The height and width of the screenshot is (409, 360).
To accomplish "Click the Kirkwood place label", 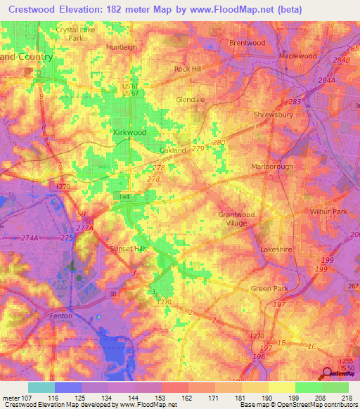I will (129, 132).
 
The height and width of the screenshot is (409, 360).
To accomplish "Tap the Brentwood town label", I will (247, 43).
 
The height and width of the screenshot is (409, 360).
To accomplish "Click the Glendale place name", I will (190, 100).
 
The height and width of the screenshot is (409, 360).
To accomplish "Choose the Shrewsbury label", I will (272, 113).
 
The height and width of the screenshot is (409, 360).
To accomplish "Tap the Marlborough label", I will (272, 167).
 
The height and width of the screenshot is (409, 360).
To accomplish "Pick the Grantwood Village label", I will (233, 219).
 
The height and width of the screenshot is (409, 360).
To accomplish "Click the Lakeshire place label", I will (276, 249).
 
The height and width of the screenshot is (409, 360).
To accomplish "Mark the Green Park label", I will (270, 288).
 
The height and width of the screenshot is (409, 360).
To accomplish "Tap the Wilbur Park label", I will (329, 212).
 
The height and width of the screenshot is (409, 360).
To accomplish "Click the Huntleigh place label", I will (121, 47).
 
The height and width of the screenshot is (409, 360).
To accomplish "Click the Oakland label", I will (173, 151).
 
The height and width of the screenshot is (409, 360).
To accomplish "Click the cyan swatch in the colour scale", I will (41, 387).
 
